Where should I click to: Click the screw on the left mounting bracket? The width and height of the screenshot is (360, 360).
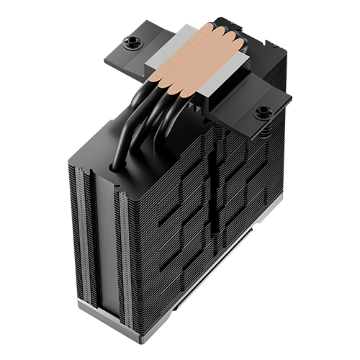click(132, 42)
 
